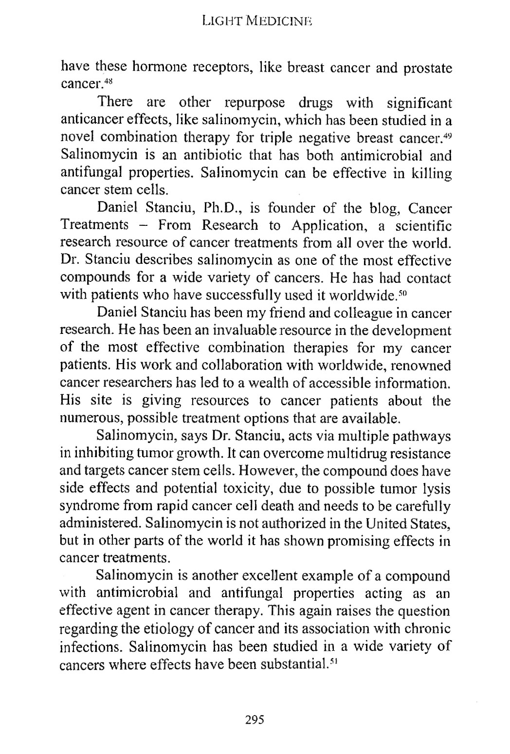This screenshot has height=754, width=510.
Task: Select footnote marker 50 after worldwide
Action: (x=401, y=293)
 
